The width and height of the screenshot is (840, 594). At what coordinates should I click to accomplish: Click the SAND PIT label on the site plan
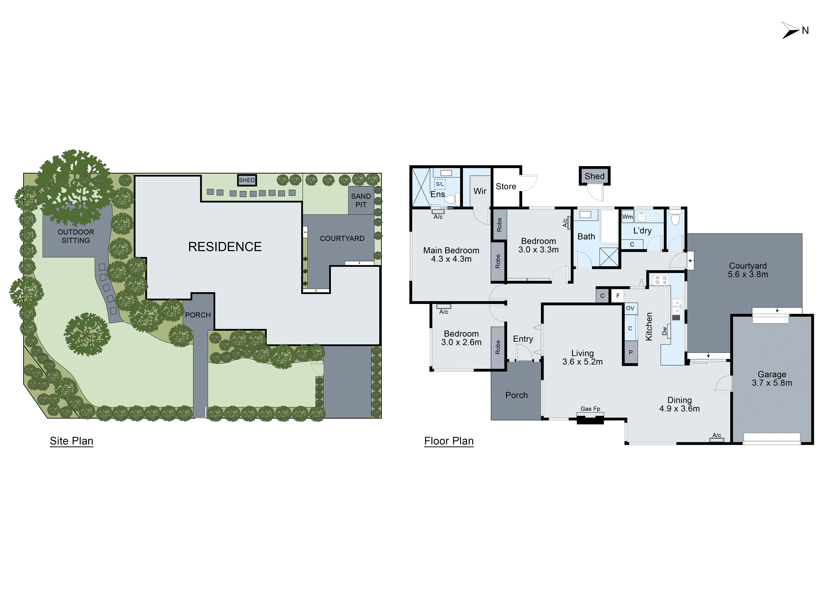[361, 200]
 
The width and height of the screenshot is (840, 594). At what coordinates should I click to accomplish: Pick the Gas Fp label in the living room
[590, 409]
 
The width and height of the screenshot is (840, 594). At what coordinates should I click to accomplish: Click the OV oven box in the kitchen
[630, 308]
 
